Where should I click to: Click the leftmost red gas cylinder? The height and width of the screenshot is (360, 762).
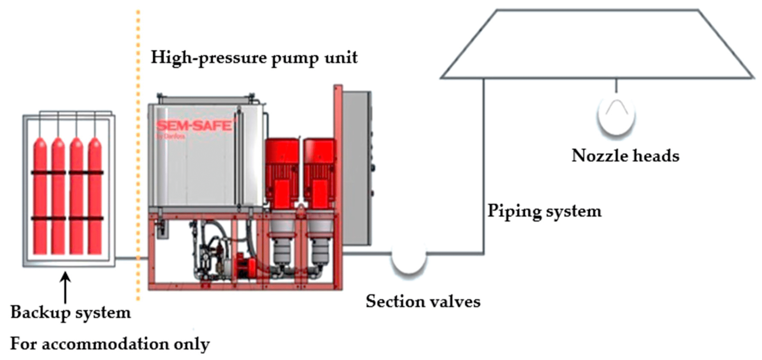click(40, 196)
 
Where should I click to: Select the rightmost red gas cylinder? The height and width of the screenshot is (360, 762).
click(95, 196)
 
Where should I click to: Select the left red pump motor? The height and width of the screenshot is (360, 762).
click(282, 173)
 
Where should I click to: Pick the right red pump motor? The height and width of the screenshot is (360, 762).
click(319, 173)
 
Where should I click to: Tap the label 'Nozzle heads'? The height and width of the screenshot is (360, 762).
click(625, 156)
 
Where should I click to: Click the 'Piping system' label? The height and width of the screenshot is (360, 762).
click(544, 212)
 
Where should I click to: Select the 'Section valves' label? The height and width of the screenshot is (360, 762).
click(423, 302)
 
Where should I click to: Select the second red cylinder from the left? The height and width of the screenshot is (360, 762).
click(58, 196)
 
